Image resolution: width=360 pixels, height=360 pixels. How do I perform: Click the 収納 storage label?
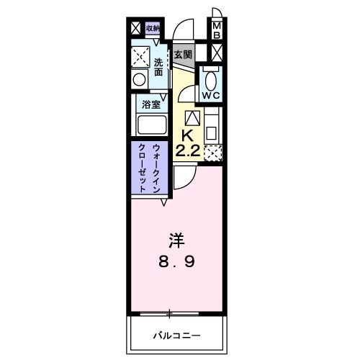(153, 28)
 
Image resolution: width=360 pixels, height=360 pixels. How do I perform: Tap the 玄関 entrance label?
(183, 54)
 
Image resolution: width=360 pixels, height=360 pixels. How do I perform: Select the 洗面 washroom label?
(159, 67)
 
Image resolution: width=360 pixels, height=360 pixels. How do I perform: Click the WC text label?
(210, 95)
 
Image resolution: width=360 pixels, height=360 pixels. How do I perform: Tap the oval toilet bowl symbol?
(210, 78)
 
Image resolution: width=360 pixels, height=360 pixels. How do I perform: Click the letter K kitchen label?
(187, 136)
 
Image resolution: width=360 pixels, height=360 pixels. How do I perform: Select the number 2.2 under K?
(187, 150)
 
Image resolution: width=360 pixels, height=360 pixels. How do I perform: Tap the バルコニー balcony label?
(176, 336)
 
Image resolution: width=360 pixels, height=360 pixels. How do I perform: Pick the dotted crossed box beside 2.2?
(213, 152)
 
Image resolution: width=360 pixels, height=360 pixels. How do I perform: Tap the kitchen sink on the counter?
(212, 132)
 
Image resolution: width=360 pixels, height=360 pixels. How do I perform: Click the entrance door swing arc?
(186, 29)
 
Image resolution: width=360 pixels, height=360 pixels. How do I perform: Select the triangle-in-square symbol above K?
(192, 118)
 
